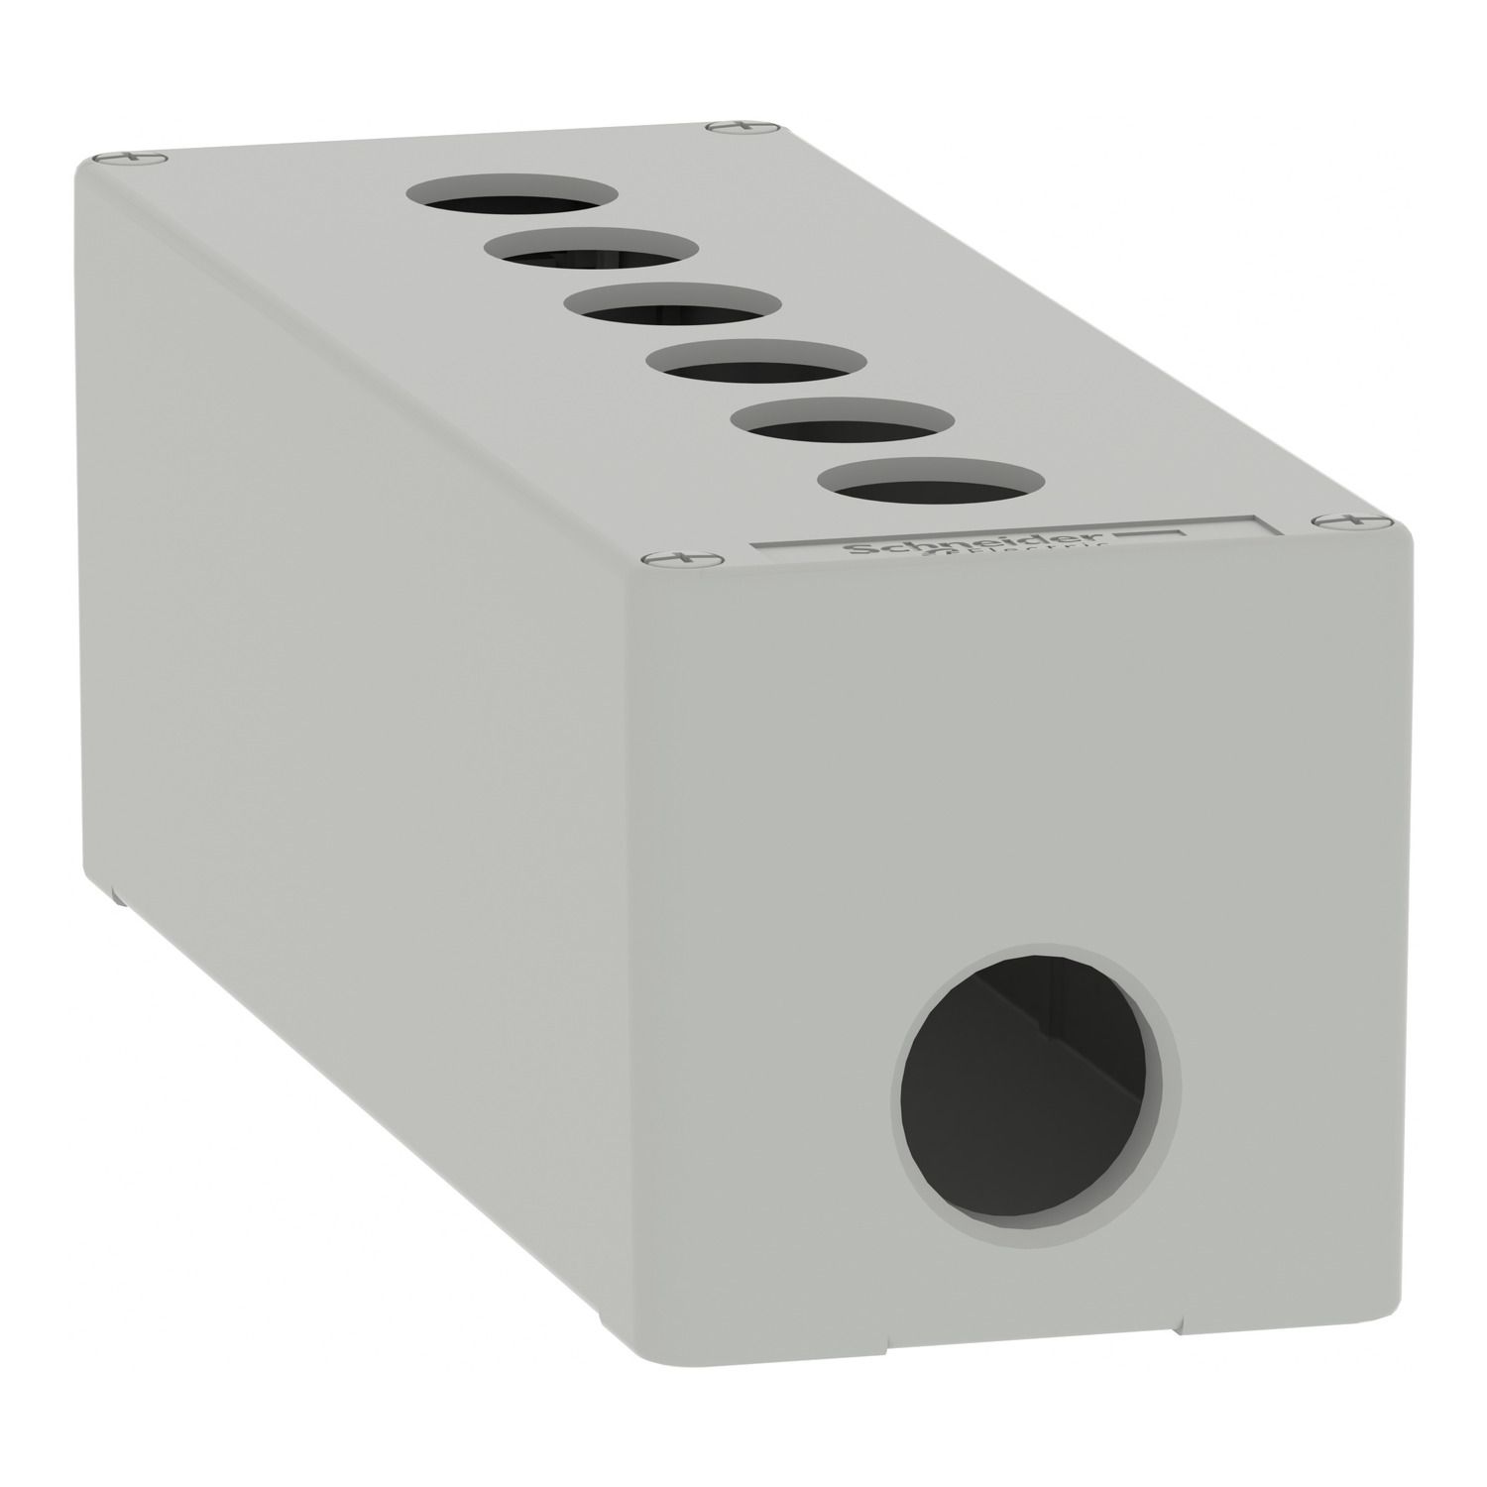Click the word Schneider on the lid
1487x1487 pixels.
891,551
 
